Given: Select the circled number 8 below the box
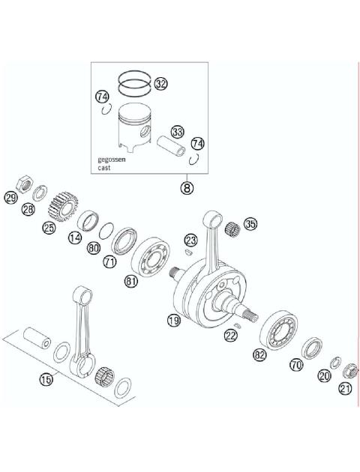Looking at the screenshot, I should coord(186,187).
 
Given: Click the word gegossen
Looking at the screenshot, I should coord(111,160).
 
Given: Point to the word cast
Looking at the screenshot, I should coord(104,169).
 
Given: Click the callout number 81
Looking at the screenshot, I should coord(131,282).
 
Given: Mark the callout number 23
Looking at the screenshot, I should coord(190,240).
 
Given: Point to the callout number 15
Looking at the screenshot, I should coord(46,380).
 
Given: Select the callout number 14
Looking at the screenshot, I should coord(74,237).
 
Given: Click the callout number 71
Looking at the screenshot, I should coord(109,261).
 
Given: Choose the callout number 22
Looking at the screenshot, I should coord(231,336).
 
